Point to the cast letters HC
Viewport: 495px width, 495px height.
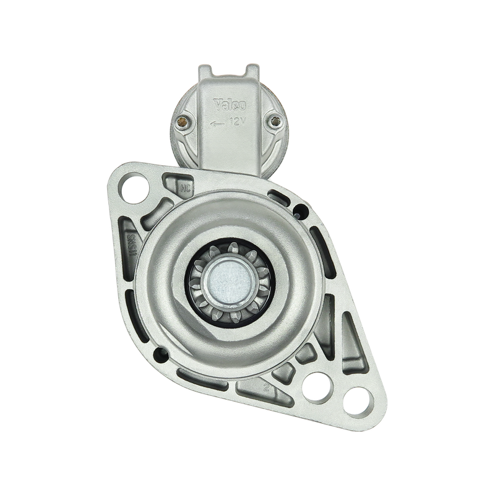(x=184, y=186)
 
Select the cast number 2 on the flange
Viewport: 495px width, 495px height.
(x=265, y=388)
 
